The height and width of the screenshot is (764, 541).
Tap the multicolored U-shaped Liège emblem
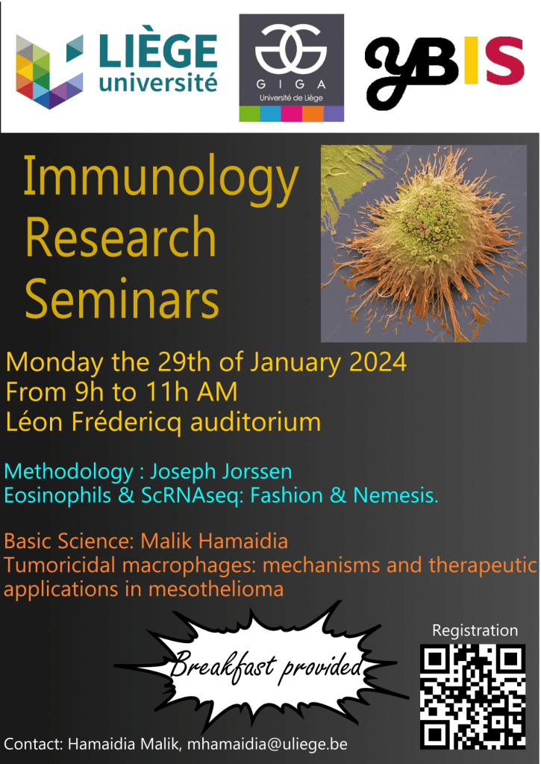pyautogui.click(x=50, y=72)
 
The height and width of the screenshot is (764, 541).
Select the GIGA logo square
pyautogui.click(x=291, y=68)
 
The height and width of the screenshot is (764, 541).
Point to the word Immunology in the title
pyautogui.click(x=160, y=180)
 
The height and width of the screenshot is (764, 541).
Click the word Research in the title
pyautogui.click(x=120, y=237)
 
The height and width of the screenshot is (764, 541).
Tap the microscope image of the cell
pyautogui.click(x=424, y=243)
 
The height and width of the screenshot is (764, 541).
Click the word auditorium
pyautogui.click(x=255, y=422)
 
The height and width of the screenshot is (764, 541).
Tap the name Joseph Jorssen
pyautogui.click(x=221, y=472)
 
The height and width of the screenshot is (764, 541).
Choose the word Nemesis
pyautogui.click(x=395, y=496)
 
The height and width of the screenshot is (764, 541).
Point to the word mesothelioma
pyautogui.click(x=216, y=589)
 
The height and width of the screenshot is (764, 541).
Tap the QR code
pyautogui.click(x=473, y=696)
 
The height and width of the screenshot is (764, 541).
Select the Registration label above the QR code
pyautogui.click(x=475, y=631)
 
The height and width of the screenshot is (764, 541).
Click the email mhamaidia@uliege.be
pyautogui.click(x=267, y=745)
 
